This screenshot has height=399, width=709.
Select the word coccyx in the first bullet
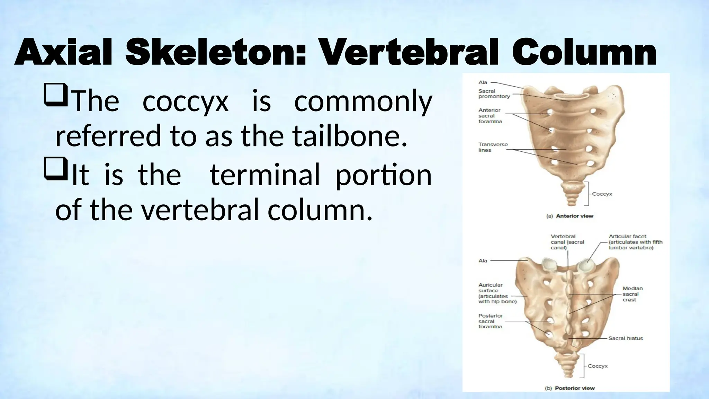(186, 101)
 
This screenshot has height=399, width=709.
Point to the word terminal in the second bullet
(264, 175)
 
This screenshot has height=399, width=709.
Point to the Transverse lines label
(493, 147)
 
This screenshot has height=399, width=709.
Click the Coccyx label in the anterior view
(602, 194)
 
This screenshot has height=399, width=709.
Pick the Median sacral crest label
(632, 294)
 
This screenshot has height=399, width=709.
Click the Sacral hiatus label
(626, 338)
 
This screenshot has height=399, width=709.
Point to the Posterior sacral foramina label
(490, 321)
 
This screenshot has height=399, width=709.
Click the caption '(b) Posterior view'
(570, 388)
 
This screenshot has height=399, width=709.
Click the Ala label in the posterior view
(483, 260)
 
